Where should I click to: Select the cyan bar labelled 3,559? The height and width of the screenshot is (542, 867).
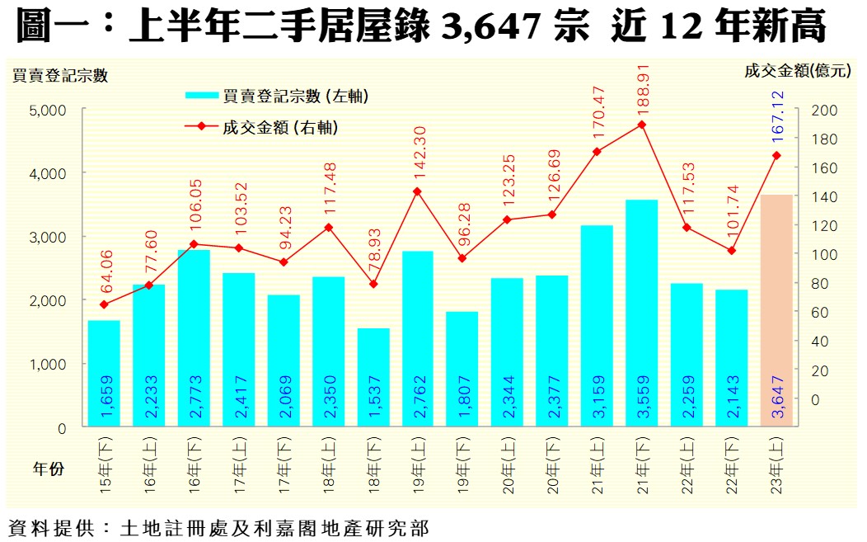click(x=641, y=313)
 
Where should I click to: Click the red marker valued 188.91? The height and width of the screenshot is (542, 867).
click(x=641, y=125)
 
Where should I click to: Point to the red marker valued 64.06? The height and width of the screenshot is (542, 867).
click(x=104, y=304)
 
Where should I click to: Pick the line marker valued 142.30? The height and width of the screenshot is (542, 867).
click(x=417, y=191)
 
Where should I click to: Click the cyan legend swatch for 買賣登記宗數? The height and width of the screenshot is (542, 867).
click(x=202, y=96)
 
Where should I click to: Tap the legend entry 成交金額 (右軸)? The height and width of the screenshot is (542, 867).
click(x=281, y=127)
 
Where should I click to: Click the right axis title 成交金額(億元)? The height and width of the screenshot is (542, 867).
click(x=797, y=71)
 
